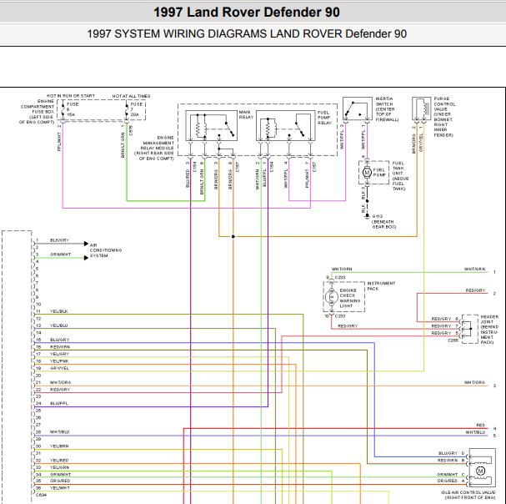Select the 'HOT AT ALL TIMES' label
[132, 96]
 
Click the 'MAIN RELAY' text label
[245, 114]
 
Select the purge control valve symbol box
[422, 109]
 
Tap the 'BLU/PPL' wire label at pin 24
[59, 403]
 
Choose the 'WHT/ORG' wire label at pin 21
[60, 382]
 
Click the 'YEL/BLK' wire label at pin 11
[58, 311]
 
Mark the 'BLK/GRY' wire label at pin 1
[58, 240]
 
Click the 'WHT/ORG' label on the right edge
[474, 382]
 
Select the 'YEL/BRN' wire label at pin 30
[58, 446]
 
